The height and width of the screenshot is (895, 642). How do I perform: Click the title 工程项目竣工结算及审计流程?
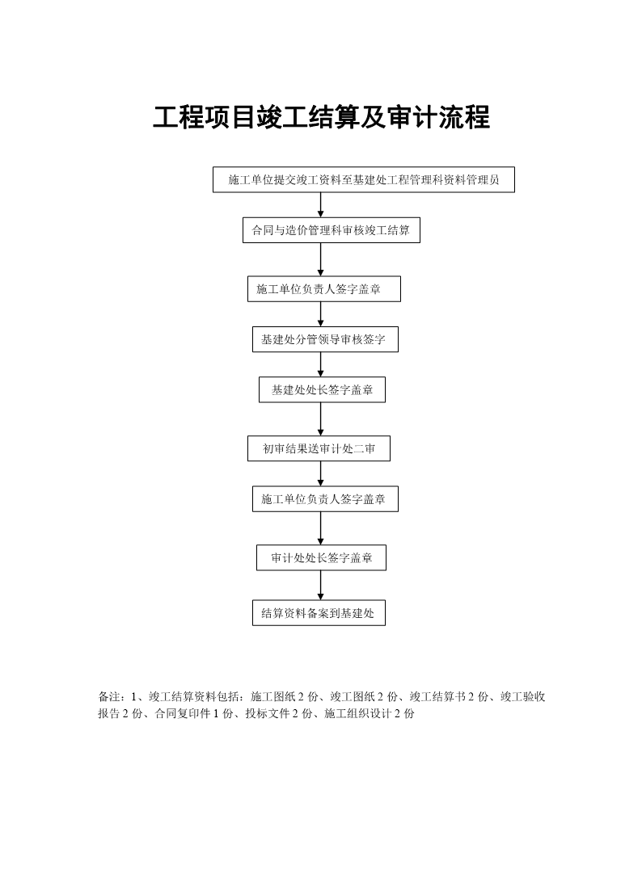(321, 117)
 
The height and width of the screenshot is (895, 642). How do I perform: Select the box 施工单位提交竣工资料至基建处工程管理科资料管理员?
(363, 180)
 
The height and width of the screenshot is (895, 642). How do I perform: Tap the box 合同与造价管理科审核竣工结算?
(332, 230)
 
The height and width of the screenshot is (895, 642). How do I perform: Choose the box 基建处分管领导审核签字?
(325, 339)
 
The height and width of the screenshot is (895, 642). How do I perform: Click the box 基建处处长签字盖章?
(322, 390)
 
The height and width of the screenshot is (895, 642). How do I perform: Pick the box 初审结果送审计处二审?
(319, 448)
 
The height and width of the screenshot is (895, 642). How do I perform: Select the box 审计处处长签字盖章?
(321, 557)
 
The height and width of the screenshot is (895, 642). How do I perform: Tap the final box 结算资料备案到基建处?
(319, 613)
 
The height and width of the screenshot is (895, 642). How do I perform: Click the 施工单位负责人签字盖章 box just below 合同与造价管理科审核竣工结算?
(324, 289)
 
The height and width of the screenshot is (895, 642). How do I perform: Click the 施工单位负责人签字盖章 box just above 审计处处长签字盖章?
(325, 499)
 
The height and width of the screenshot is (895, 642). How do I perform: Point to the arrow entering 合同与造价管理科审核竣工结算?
(320, 205)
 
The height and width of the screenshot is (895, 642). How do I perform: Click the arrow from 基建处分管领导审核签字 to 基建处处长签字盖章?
(320, 364)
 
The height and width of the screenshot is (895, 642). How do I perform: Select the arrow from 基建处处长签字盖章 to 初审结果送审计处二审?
(320, 419)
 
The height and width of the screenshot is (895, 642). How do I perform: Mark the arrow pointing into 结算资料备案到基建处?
(320, 585)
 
